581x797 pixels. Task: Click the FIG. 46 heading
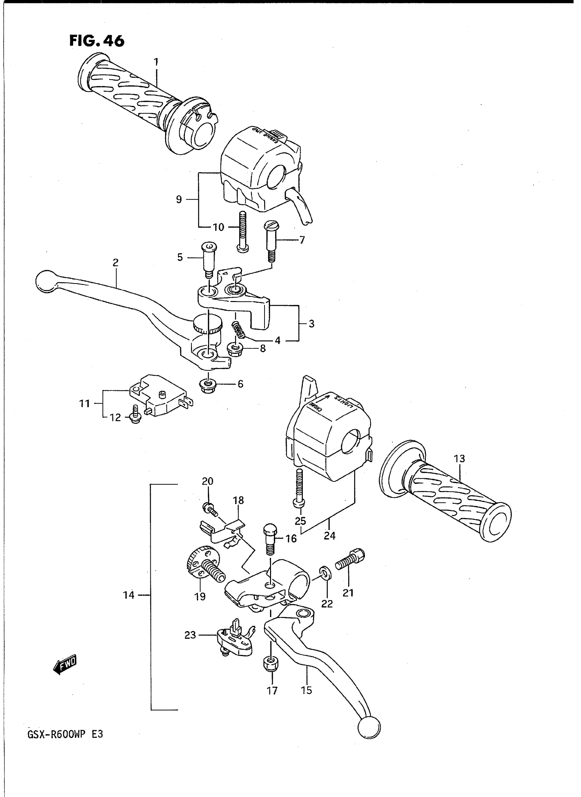[x=97, y=41]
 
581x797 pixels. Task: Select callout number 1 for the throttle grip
[x=156, y=63]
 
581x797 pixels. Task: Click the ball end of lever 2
[x=44, y=281]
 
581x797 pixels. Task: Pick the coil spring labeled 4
[x=239, y=330]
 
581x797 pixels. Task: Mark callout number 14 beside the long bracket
[x=129, y=595]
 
